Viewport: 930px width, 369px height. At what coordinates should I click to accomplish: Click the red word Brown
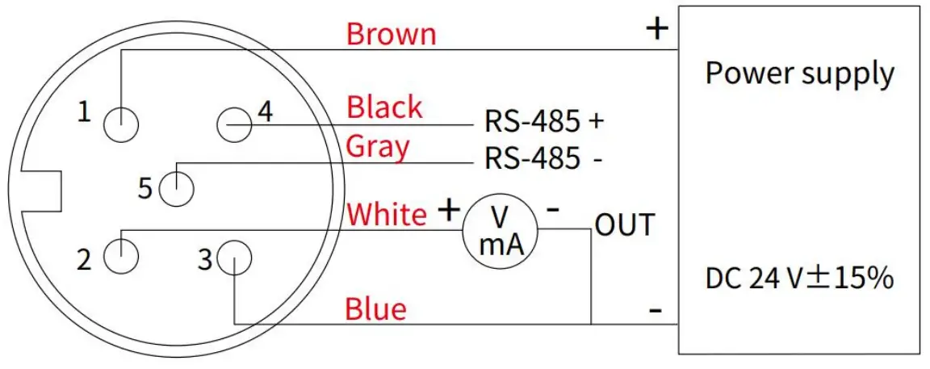(x=391, y=34)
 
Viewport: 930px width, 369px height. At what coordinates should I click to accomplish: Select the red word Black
(x=384, y=107)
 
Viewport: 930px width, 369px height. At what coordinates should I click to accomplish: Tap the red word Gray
(x=377, y=147)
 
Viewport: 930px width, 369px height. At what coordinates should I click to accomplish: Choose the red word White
(x=386, y=215)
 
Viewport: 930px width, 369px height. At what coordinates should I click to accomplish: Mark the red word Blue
(x=375, y=308)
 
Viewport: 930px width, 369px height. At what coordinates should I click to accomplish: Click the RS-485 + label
(x=543, y=121)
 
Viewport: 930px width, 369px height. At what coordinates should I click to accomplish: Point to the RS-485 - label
(x=542, y=158)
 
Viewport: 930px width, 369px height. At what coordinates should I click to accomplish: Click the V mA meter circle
(x=500, y=229)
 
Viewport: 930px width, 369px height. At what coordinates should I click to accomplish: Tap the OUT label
(x=624, y=225)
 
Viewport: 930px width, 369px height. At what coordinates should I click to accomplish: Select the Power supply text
(x=800, y=73)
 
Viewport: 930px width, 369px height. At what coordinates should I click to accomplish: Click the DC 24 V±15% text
(x=799, y=279)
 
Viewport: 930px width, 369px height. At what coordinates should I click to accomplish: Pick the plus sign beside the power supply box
(x=657, y=29)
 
